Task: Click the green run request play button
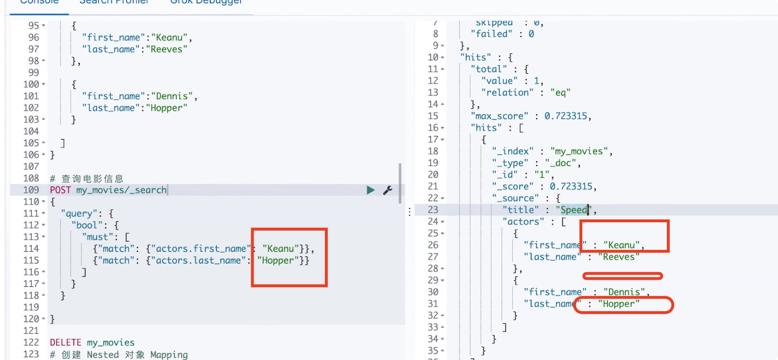(x=370, y=190)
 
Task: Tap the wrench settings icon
(x=388, y=190)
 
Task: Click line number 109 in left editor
(x=31, y=190)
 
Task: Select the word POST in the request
(x=60, y=190)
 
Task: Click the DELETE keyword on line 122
(x=66, y=342)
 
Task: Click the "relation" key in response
(x=508, y=93)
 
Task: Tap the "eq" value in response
(x=560, y=93)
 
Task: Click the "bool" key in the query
(x=87, y=226)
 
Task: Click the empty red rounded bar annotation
(x=622, y=276)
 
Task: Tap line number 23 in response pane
(x=433, y=210)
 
